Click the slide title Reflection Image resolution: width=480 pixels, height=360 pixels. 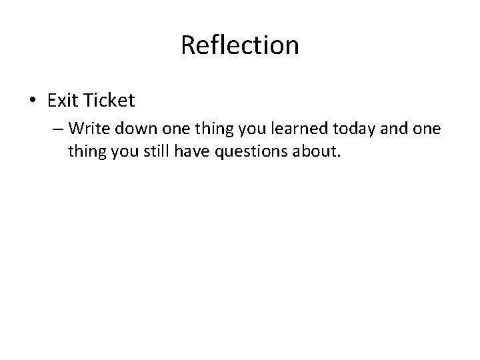coord(240,45)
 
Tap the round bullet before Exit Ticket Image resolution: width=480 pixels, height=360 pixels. coord(33,101)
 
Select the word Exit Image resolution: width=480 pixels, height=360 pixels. coord(63,101)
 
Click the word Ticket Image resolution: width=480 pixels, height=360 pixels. coord(109,101)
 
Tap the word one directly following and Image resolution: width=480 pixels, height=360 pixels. coord(439,127)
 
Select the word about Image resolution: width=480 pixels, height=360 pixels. coord(319,151)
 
